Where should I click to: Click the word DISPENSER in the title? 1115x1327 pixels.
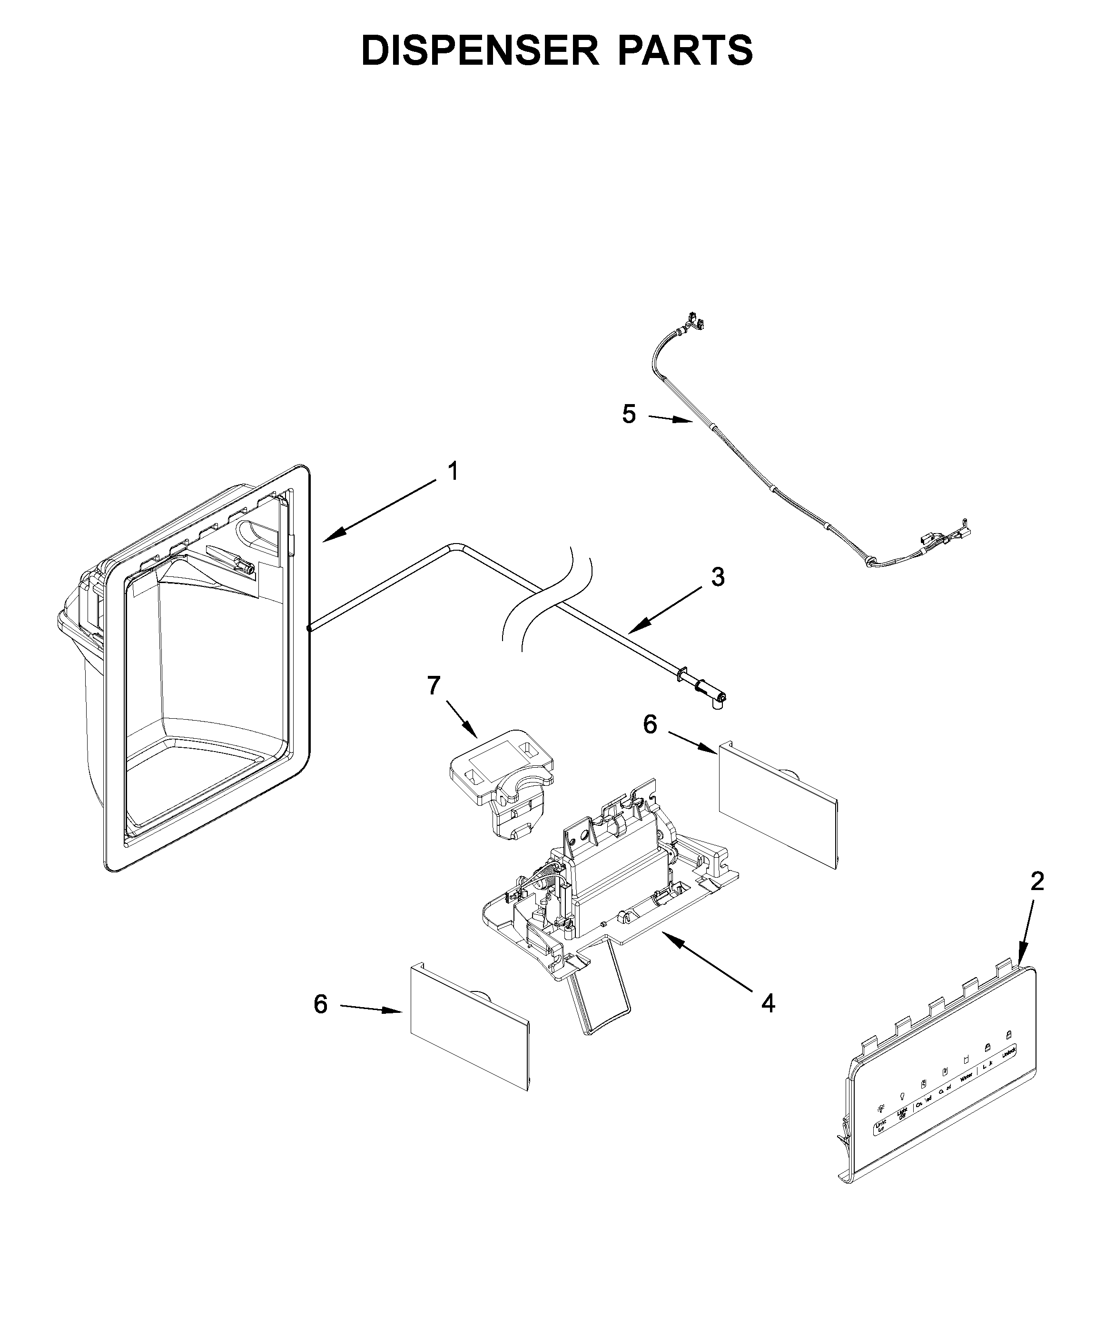click(x=480, y=50)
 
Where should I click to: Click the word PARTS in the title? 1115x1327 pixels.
click(x=685, y=50)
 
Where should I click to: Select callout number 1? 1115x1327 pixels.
click(x=453, y=472)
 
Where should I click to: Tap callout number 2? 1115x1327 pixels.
click(x=1036, y=881)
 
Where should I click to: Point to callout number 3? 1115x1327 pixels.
click(x=718, y=577)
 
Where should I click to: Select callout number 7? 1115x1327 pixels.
click(x=434, y=685)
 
